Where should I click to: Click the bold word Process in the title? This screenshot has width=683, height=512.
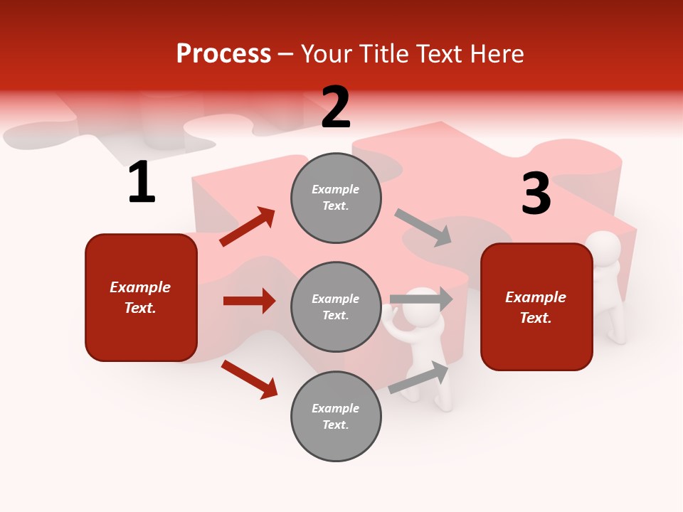[x=223, y=54]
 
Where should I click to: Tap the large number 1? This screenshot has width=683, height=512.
[x=142, y=183]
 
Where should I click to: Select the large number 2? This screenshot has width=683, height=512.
[x=336, y=108]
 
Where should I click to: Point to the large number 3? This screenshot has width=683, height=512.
[x=536, y=193]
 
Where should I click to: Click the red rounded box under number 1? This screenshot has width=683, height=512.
[x=141, y=297]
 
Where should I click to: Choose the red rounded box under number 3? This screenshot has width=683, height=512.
[x=536, y=307]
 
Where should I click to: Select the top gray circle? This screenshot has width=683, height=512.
[x=336, y=198]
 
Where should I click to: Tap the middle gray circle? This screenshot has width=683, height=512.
[x=336, y=307]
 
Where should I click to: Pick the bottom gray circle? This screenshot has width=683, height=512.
[x=336, y=417]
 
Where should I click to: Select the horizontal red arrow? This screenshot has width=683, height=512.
[x=249, y=301]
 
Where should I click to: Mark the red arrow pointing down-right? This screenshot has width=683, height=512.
[x=249, y=379]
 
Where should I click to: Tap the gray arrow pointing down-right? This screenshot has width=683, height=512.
[x=423, y=228]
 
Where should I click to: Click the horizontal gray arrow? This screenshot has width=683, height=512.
[x=421, y=299]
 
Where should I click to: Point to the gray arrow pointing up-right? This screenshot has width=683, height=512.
[x=418, y=377]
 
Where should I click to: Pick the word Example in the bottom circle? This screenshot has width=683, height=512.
[x=336, y=408]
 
